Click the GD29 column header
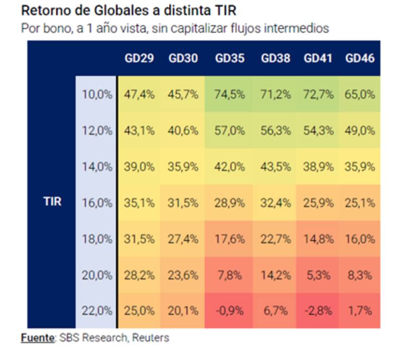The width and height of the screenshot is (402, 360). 139,58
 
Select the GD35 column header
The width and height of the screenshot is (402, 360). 230,58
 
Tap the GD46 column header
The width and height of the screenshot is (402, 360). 360,58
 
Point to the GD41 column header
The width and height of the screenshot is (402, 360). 318,58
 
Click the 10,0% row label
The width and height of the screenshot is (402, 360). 97,94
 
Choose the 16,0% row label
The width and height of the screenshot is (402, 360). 97,202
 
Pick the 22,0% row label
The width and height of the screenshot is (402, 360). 97,310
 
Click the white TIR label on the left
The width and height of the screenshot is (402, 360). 52,202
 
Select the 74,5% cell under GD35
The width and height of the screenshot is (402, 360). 230,94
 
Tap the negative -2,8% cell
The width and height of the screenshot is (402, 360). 318,310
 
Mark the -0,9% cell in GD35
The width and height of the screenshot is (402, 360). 230,310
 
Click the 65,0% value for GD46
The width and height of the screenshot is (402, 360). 360,94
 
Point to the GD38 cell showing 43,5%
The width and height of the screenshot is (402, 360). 275,166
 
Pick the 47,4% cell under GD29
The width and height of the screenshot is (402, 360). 139,94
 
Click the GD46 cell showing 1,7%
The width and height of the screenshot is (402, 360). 360,310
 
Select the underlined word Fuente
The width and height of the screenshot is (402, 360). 37,338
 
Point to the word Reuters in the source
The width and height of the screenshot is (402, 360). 150,338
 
